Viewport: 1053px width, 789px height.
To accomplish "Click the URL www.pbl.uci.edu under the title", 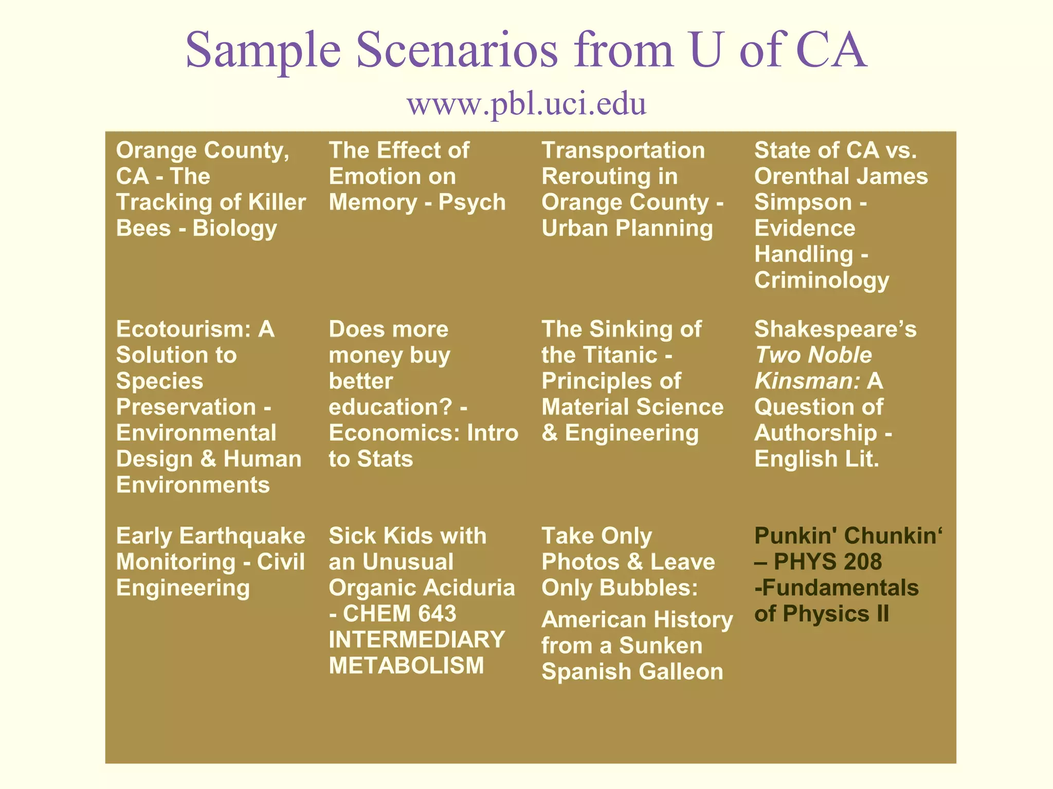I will pyautogui.click(x=526, y=104).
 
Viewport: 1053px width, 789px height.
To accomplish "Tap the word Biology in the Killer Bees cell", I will pyautogui.click(x=234, y=229).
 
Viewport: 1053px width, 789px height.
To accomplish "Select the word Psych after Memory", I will pyautogui.click(x=471, y=202).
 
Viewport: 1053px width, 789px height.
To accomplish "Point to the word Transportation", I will pyautogui.click(x=623, y=151).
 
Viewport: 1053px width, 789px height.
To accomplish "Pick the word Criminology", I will pyautogui.click(x=821, y=280).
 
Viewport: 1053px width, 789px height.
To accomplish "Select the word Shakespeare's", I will pyautogui.click(x=835, y=329).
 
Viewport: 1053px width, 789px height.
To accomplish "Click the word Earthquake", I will pyautogui.click(x=242, y=536).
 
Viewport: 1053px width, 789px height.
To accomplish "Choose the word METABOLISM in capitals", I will pyautogui.click(x=406, y=666).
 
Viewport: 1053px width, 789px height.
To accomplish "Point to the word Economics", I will pyautogui.click(x=394, y=433).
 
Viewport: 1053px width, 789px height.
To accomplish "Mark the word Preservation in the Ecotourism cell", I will pyautogui.click(x=186, y=407).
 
